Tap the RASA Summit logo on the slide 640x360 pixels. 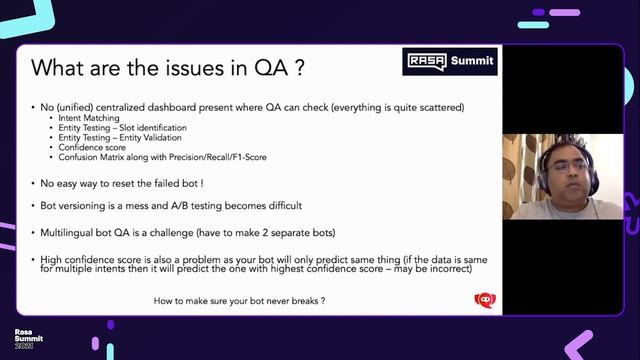449,62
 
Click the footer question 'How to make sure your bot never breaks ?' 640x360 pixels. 239,300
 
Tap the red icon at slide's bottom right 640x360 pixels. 485,299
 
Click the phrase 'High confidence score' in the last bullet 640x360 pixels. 87,258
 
